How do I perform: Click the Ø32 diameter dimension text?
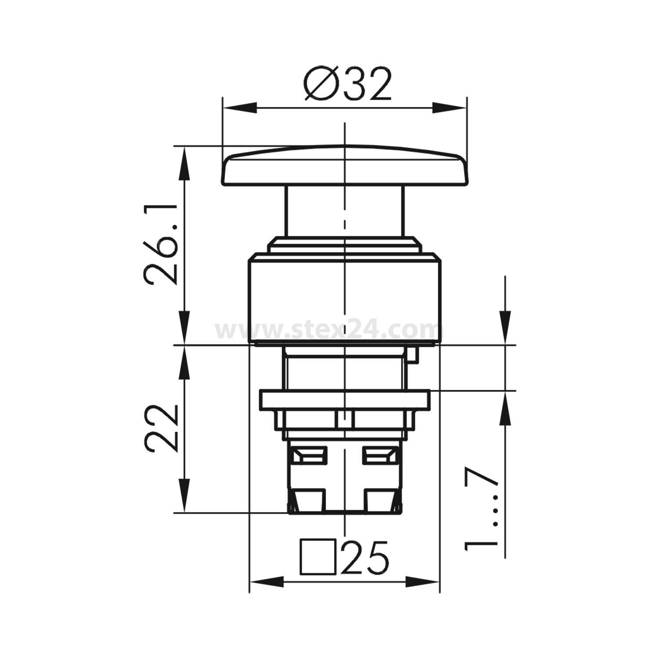click(x=347, y=85)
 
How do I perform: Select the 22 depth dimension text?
click(x=161, y=428)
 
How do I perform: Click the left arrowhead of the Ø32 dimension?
click(x=239, y=108)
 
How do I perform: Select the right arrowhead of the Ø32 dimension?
click(x=449, y=108)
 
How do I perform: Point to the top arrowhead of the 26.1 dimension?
click(x=185, y=163)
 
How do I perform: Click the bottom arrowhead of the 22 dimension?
click(x=185, y=496)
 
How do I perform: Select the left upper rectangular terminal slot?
click(x=309, y=455)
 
